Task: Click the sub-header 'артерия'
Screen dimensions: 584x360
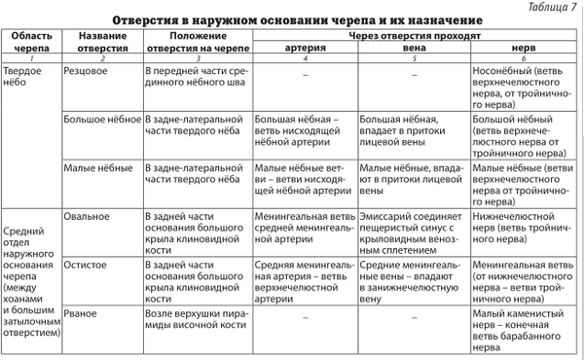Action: click(305, 47)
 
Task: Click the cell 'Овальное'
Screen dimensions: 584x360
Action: click(88, 215)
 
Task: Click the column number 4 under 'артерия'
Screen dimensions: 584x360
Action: click(305, 59)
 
